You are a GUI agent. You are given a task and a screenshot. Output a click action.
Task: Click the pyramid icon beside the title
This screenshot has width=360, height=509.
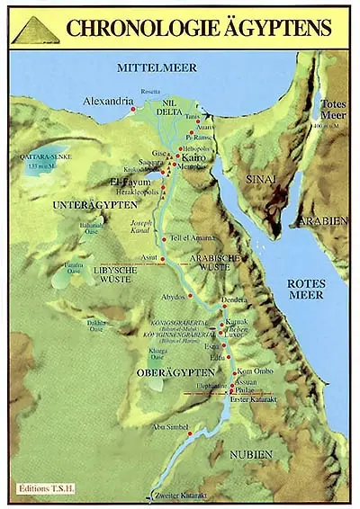click(x=36, y=30)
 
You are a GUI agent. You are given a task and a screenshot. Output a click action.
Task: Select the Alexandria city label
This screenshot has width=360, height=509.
click(x=108, y=103)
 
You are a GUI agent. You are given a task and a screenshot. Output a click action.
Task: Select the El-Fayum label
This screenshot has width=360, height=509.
click(x=129, y=181)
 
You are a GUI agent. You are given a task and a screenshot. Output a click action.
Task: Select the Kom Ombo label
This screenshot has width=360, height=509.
click(x=254, y=371)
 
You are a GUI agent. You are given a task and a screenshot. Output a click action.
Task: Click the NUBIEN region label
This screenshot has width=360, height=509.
click(x=248, y=456)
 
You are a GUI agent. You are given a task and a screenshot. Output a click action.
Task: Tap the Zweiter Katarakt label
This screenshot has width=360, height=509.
click(x=186, y=496)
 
